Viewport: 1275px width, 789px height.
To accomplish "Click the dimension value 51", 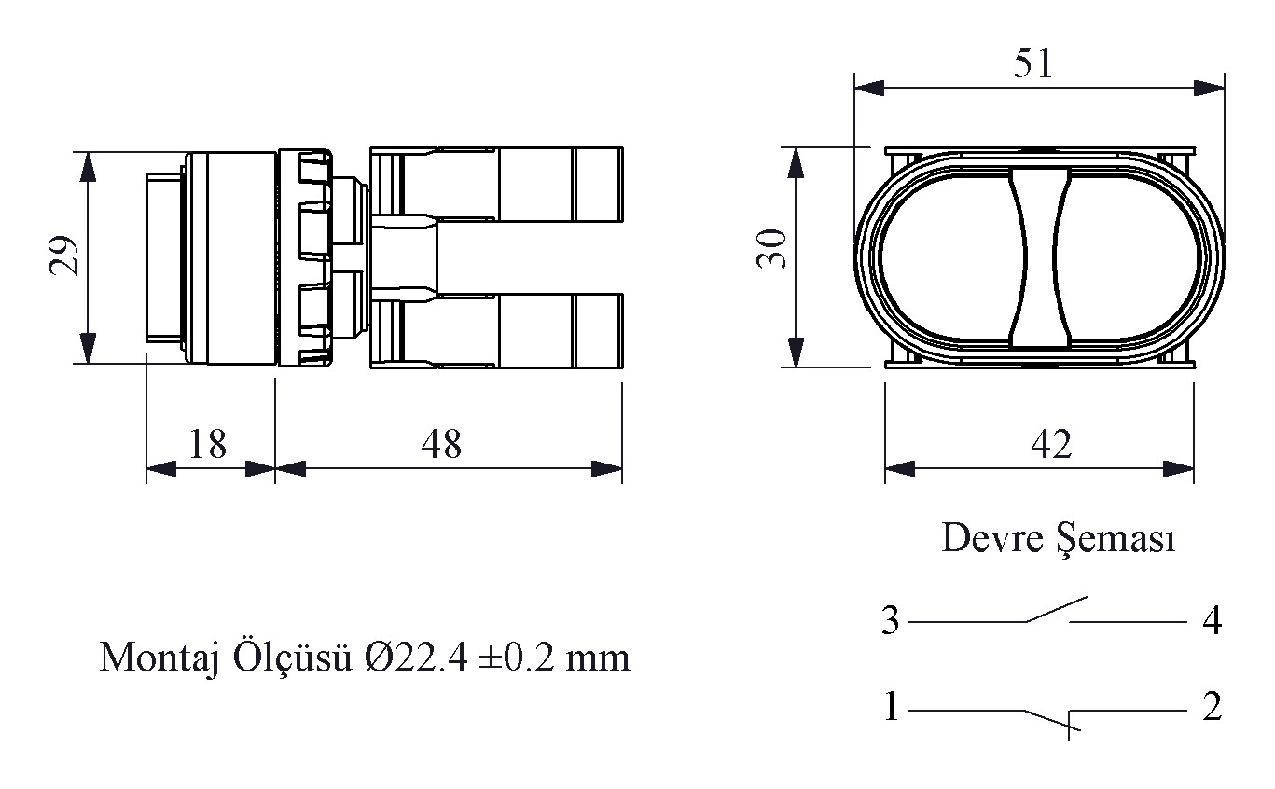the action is point(1032,63).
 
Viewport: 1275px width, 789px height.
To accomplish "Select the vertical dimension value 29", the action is point(63,256).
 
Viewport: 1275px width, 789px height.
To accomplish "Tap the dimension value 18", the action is point(207,444).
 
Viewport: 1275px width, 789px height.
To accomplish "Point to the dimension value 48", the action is point(441,444).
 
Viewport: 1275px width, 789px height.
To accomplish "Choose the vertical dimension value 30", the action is point(771,249).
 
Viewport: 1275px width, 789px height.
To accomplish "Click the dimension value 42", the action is point(1051,444).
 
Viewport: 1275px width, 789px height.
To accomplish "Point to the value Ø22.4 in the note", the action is point(415,658).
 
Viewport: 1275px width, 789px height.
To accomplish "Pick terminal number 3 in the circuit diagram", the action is point(890,620).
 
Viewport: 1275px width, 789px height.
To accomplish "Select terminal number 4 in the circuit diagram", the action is point(1212,620).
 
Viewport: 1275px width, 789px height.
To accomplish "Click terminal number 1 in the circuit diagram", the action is point(892,707).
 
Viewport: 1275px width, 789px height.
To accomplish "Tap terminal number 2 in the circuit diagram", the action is point(1212,707).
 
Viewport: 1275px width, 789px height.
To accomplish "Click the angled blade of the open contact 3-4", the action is point(1057,609).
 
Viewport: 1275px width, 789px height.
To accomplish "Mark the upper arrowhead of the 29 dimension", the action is point(87,167).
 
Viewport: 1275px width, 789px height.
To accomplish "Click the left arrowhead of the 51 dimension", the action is point(869,89).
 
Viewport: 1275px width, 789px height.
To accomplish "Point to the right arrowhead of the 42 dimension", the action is point(1179,468).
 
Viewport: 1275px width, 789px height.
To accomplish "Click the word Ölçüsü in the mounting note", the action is point(292,658).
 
